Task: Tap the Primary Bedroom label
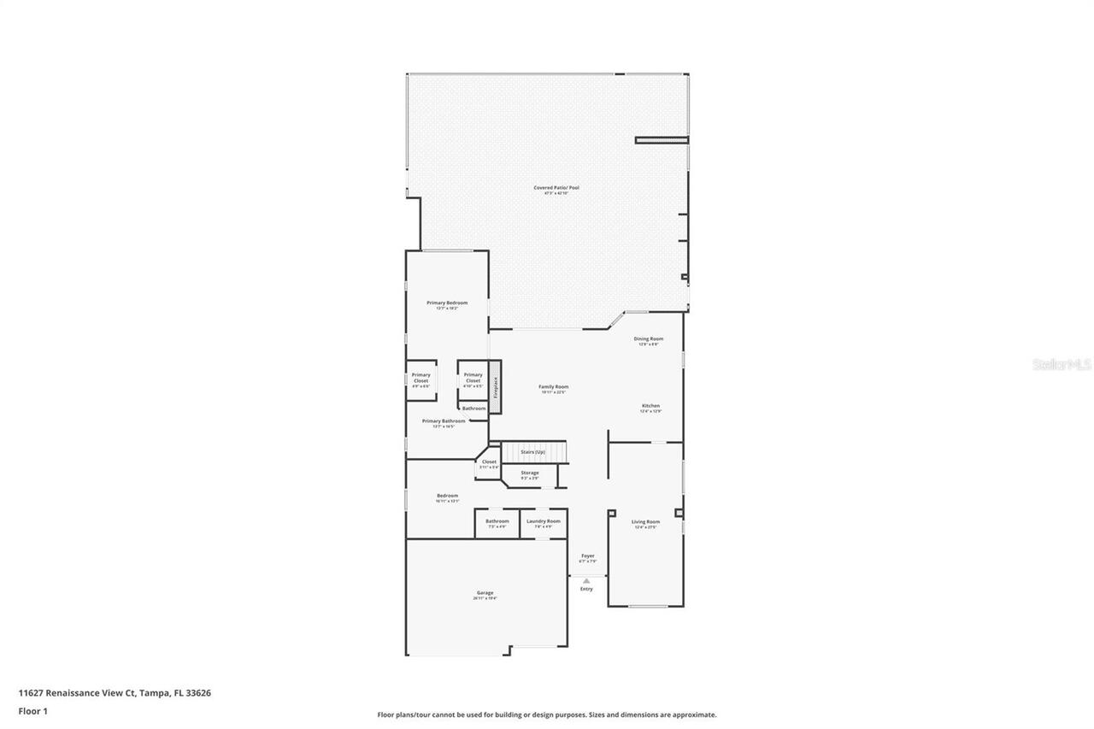click(447, 303)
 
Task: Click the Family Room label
click(553, 387)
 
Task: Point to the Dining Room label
click(648, 339)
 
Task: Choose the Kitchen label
click(650, 407)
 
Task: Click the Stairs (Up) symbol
click(534, 451)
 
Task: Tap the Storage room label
click(530, 473)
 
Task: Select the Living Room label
click(645, 522)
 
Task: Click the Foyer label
click(587, 556)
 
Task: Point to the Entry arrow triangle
click(586, 581)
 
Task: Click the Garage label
click(485, 593)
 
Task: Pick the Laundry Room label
click(544, 521)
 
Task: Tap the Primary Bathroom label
click(444, 421)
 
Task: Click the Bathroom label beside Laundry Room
click(497, 521)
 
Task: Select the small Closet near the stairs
click(489, 462)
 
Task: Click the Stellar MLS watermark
click(1062, 364)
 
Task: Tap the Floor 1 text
click(33, 710)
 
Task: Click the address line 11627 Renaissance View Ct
click(115, 693)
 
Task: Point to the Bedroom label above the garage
click(447, 497)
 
